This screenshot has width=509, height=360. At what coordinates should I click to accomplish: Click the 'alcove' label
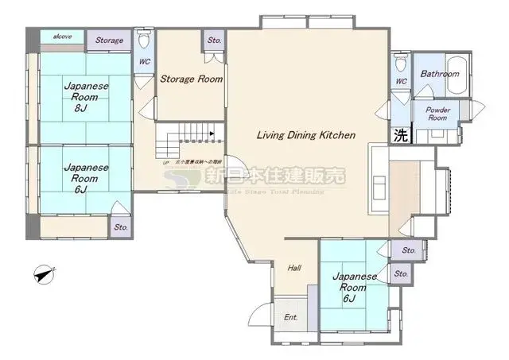click(x=62, y=37)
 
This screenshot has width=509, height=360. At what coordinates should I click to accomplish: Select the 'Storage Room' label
click(x=191, y=79)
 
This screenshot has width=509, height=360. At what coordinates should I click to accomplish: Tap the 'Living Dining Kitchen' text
click(x=305, y=135)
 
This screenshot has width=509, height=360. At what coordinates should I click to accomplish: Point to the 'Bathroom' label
click(x=440, y=74)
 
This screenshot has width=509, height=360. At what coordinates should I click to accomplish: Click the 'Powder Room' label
click(x=439, y=114)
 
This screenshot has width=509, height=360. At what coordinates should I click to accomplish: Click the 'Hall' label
click(x=293, y=268)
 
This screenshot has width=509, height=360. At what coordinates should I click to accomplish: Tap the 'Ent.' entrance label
click(x=290, y=317)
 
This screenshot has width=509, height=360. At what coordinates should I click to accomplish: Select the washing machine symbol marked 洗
click(x=400, y=135)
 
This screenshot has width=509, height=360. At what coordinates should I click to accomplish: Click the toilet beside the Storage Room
click(x=144, y=41)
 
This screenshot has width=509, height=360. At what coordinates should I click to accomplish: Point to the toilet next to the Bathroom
click(x=401, y=64)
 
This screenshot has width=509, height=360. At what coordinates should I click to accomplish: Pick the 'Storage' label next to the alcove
click(x=110, y=41)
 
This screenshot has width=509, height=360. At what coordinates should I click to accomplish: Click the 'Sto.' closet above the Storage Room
click(x=214, y=41)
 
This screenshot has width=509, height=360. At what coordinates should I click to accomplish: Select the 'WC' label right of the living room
click(x=401, y=81)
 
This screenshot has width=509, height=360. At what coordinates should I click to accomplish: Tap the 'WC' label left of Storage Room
click(x=145, y=61)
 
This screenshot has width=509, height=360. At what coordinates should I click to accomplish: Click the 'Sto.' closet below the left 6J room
click(x=121, y=226)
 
